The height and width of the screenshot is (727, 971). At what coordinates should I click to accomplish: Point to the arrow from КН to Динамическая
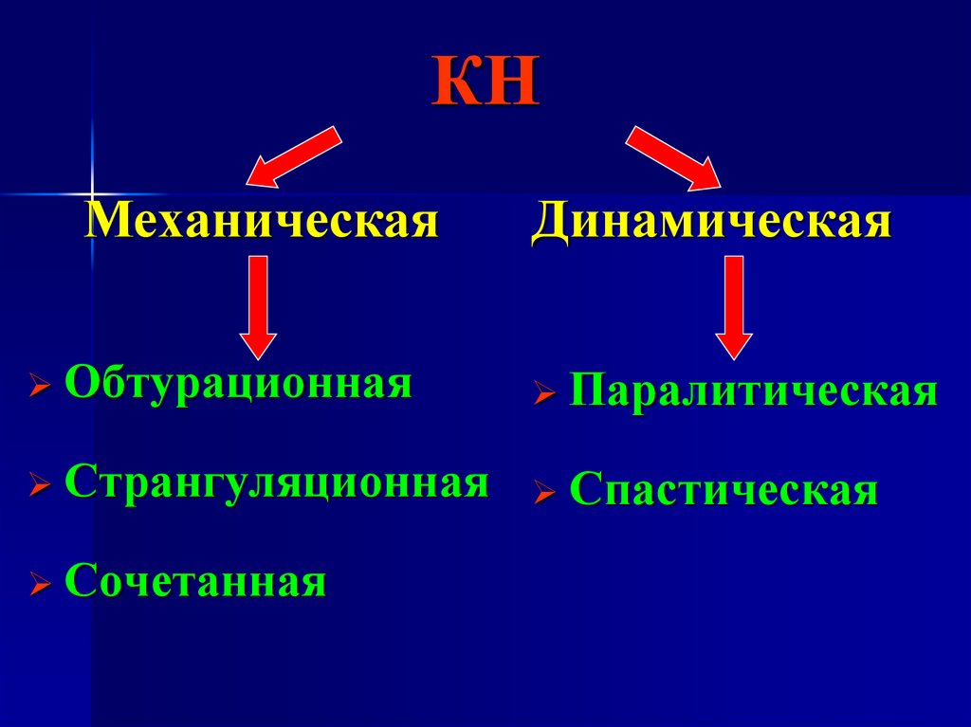tap(674, 155)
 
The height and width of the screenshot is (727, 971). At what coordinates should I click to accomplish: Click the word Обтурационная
tap(238, 385)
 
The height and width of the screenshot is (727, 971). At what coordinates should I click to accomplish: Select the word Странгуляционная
tap(277, 482)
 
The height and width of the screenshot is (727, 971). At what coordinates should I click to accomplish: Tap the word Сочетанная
tap(196, 581)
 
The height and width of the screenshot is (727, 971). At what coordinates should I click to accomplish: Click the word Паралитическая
tap(753, 391)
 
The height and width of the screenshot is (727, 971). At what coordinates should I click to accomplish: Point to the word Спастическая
tap(724, 491)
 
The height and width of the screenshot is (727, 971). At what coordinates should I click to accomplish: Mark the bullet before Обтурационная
tap(40, 389)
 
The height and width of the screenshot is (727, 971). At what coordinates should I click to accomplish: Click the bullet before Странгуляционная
tap(40, 486)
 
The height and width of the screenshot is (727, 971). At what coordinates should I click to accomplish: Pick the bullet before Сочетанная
tap(40, 585)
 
